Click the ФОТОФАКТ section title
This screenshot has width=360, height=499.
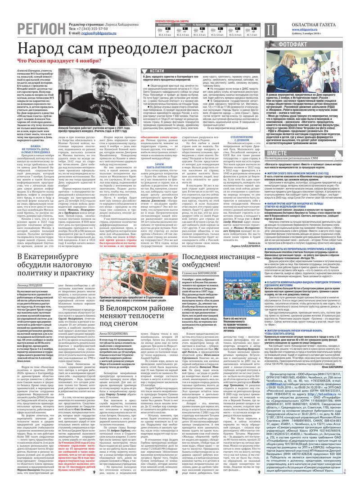click(x=293, y=45)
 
